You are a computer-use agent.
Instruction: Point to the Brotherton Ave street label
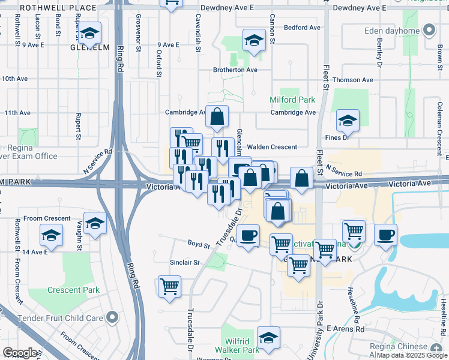[x=235, y=70]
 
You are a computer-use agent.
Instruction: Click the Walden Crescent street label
[x=272, y=147]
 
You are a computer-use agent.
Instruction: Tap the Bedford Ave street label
[x=302, y=28]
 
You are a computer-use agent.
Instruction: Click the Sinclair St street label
[x=184, y=262]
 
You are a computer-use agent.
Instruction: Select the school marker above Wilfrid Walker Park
[x=268, y=337]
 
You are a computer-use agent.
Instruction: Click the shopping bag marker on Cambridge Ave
[x=217, y=116]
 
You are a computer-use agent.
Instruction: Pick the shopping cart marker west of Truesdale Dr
[x=170, y=286]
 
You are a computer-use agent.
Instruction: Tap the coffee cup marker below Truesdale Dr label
[x=248, y=235]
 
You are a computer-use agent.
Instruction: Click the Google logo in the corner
[x=20, y=353]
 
